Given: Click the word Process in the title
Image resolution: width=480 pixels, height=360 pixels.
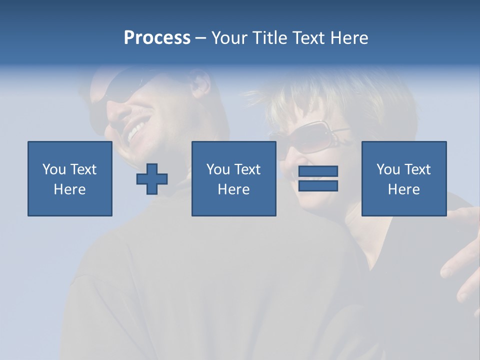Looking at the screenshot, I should (157, 38).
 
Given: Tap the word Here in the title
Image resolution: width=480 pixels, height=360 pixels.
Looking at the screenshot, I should (349, 38).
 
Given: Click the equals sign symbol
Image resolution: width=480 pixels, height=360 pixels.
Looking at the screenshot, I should (318, 178).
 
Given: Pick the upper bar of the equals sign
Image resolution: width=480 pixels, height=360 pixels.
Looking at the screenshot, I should (318, 171).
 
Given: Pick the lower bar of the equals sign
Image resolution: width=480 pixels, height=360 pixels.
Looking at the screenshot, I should (318, 185).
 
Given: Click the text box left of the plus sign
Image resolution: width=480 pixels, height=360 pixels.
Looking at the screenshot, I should (70, 179).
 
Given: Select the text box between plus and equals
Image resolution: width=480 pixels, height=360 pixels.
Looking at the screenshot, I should (233, 179).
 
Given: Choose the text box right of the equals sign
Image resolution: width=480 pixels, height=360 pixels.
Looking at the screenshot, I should (403, 179).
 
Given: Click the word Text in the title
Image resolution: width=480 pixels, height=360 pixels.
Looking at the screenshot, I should (308, 38).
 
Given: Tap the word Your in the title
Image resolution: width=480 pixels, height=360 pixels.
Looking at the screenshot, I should (229, 38).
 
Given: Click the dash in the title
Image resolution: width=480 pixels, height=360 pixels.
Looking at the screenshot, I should (200, 38).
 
